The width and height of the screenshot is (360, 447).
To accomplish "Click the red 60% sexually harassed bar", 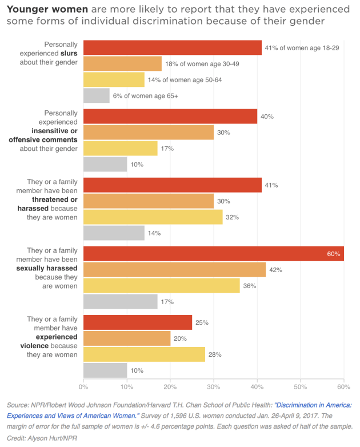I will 214,254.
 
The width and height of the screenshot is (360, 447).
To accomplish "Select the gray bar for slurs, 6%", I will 97,96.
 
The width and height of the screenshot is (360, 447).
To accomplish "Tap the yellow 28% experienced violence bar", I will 144,354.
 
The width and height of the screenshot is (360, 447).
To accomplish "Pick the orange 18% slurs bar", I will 123,63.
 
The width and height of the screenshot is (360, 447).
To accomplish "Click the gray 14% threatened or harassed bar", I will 114,233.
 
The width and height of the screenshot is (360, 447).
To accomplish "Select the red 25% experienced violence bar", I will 138,322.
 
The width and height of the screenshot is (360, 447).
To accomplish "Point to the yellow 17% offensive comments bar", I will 121,149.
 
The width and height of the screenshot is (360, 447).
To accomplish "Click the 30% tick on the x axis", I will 214,387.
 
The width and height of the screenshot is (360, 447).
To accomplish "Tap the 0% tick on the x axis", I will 84,387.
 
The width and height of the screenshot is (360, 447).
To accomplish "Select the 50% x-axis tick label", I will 301,387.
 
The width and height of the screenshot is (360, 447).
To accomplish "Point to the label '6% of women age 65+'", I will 146,96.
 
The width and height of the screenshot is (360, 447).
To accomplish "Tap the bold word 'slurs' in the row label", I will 68,54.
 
